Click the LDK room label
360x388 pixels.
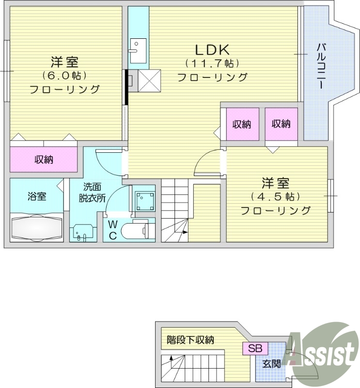(212, 49)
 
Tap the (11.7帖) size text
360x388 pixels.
(212, 63)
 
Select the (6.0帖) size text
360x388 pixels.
(64, 76)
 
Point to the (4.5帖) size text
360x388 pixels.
(275, 196)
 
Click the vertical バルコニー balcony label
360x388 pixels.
(321, 66)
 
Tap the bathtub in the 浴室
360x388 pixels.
(36, 226)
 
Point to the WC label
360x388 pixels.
(112, 230)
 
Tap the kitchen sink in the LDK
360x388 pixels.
(138, 49)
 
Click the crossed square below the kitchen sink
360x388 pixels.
(149, 80)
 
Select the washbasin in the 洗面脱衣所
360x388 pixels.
(81, 232)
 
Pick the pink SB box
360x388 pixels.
(255, 348)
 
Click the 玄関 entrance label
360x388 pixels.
(272, 363)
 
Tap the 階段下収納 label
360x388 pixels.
(190, 340)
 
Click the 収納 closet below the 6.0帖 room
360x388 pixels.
(44, 160)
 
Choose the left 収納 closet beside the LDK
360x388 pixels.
(242, 124)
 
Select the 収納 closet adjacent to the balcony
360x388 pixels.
(281, 124)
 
